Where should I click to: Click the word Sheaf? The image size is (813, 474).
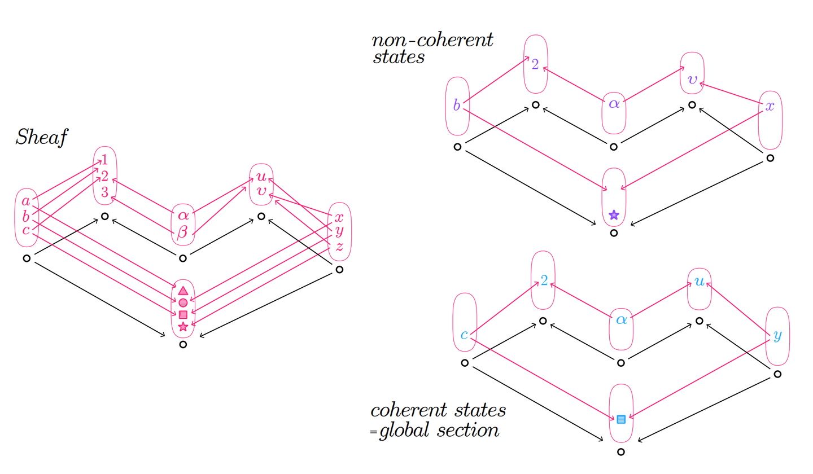pyautogui.click(x=41, y=137)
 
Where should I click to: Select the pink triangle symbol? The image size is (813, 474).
pyautogui.click(x=183, y=291)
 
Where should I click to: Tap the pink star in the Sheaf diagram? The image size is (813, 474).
pyautogui.click(x=183, y=326)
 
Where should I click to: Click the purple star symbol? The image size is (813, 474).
pyautogui.click(x=614, y=214)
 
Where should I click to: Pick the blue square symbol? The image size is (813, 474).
pyautogui.click(x=621, y=419)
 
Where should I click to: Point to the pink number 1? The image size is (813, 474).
pyautogui.click(x=104, y=160)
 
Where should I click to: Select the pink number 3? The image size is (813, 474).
pyautogui.click(x=104, y=192)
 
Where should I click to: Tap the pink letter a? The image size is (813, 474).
pyautogui.click(x=26, y=201)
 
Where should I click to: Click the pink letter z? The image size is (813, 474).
pyautogui.click(x=339, y=246)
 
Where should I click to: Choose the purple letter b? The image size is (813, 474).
pyautogui.click(x=457, y=106)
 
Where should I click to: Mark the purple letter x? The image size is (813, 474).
pyautogui.click(x=770, y=106)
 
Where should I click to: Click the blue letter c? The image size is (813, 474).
pyautogui.click(x=464, y=335)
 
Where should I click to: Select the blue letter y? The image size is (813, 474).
pyautogui.click(x=777, y=336)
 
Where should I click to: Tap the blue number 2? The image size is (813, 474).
pyautogui.click(x=544, y=280)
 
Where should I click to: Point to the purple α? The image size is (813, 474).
pyautogui.click(x=614, y=104)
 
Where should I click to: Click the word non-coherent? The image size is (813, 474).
pyautogui.click(x=432, y=41)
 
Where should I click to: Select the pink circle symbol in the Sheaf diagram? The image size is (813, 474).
pyautogui.click(x=183, y=303)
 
